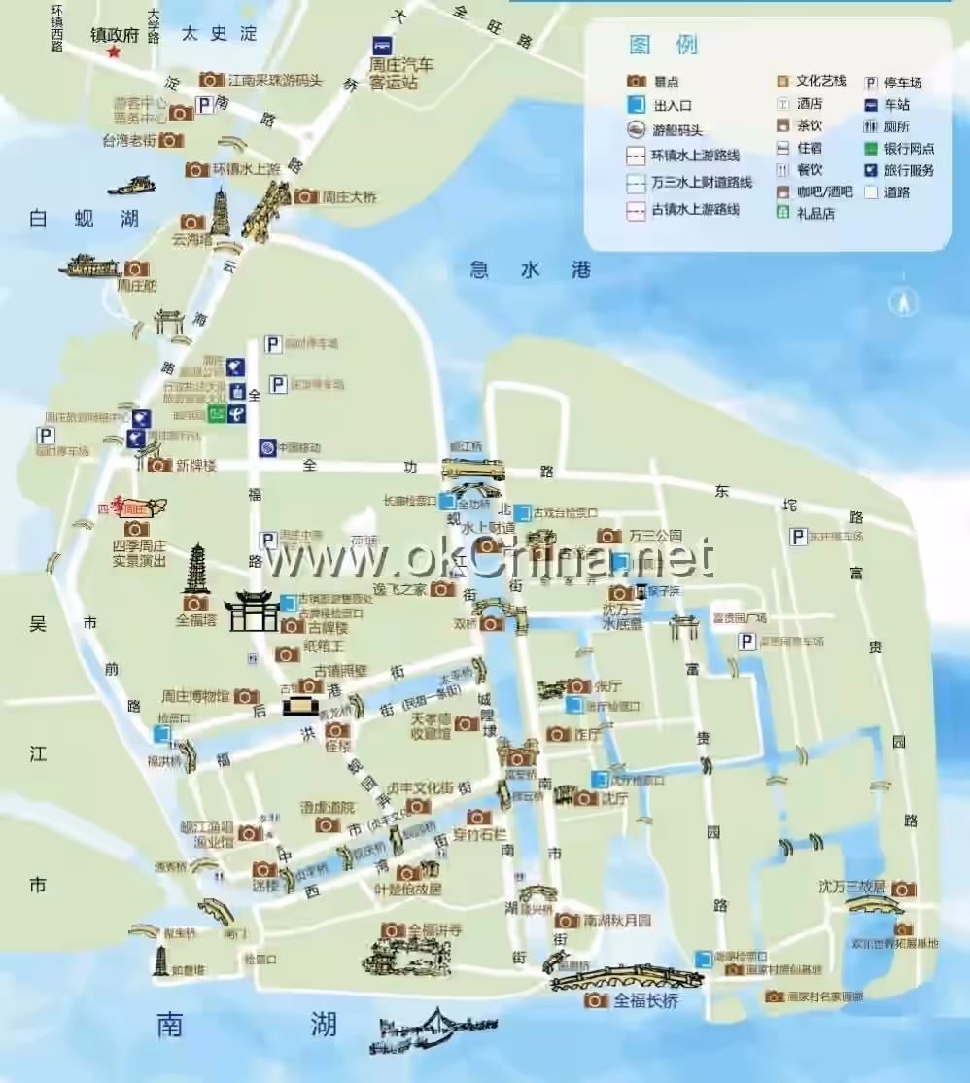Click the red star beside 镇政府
coord(114,52)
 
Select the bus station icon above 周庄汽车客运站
coord(384,45)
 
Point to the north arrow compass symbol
coord(904,302)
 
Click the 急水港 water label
coord(530,271)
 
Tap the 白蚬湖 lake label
coord(84,219)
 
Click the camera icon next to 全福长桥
coord(596,999)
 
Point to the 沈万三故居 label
coord(851,887)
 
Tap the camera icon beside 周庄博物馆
coord(246,696)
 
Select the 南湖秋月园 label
coord(618,920)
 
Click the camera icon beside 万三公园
coord(609,536)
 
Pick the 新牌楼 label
coord(195,466)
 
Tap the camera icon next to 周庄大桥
coord(305,196)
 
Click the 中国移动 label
coord(298,448)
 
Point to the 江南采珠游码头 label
coord(274,80)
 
